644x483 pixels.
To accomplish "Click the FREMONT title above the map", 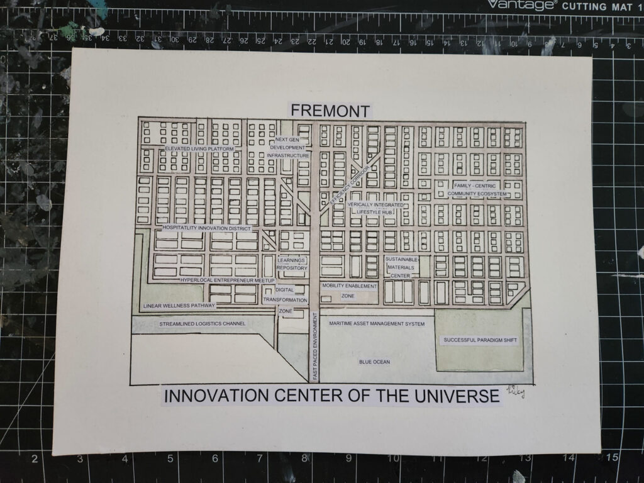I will pos(330,111).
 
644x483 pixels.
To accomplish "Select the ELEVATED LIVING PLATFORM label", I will pos(199,148).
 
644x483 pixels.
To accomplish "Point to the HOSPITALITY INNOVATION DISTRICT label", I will pos(207,228).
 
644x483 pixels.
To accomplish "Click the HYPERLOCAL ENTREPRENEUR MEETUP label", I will pos(227,280).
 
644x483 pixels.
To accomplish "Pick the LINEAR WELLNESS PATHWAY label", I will pos(179,306).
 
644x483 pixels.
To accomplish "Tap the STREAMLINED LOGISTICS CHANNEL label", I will pos(202,324).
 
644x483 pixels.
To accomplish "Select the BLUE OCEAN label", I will pos(374,362).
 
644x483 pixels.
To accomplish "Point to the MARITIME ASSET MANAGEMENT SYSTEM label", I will pos(377,324).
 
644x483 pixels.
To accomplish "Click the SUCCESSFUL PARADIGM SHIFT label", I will pos(480,340).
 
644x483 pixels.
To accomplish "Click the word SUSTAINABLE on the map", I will pos(401,259).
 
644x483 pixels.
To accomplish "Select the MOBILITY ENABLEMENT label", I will pos(349,286).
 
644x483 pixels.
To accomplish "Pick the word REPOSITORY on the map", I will pos(292,268).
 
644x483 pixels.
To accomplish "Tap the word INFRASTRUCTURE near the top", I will pos(288,155).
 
